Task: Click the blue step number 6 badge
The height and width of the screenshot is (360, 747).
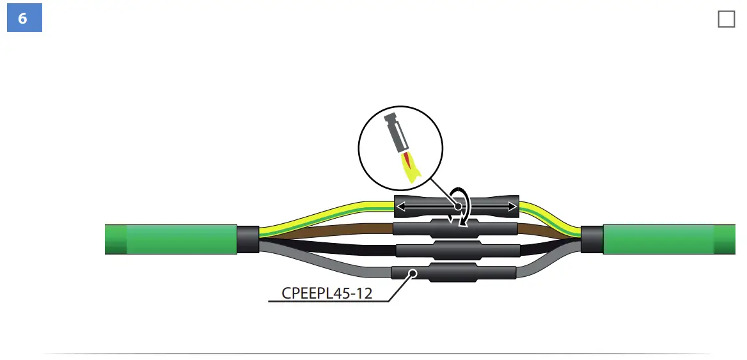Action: [24, 19]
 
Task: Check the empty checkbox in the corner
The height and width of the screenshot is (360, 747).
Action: [727, 19]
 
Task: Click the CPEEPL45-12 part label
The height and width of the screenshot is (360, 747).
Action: [328, 293]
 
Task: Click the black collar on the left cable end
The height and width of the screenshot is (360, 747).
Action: [248, 239]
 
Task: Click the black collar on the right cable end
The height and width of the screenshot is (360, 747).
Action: [592, 239]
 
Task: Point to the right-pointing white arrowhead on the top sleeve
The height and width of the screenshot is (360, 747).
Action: [512, 207]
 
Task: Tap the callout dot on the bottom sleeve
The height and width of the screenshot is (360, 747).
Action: [413, 274]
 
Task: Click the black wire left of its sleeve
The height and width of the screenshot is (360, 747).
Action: [333, 248]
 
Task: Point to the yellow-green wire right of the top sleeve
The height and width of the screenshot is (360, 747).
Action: [544, 212]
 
